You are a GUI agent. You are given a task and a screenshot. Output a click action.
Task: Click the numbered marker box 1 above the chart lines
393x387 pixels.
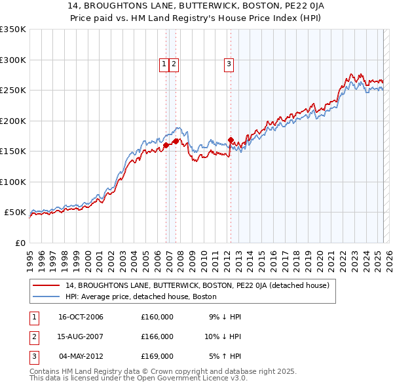click(164, 64)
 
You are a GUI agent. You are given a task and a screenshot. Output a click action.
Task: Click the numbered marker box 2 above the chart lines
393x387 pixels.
click(174, 64)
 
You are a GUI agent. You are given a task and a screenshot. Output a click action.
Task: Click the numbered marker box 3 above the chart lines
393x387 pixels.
click(229, 64)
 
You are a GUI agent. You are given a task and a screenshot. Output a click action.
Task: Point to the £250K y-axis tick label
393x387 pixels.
click(13, 91)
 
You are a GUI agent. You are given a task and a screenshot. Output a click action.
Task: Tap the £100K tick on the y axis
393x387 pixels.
click(13, 182)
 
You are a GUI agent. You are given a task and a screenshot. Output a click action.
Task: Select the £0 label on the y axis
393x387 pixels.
click(21, 243)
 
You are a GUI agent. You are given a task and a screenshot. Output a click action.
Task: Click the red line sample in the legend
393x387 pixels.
click(47, 286)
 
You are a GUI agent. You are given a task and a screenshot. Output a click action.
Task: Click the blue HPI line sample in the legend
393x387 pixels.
click(47, 296)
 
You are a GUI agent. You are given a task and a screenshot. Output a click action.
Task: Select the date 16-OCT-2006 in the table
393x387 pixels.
click(81, 317)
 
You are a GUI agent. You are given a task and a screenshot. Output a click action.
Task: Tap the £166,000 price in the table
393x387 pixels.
click(157, 336)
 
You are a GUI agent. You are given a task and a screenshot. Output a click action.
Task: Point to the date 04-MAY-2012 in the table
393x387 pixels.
click(81, 356)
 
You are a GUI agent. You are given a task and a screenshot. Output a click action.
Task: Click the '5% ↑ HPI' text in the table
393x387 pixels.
click(225, 356)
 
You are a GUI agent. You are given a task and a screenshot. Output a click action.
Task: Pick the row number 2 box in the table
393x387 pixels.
click(33, 336)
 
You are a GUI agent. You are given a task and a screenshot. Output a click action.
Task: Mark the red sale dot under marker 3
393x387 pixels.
click(231, 140)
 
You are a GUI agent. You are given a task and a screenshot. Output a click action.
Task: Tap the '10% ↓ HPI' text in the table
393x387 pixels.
click(223, 336)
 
